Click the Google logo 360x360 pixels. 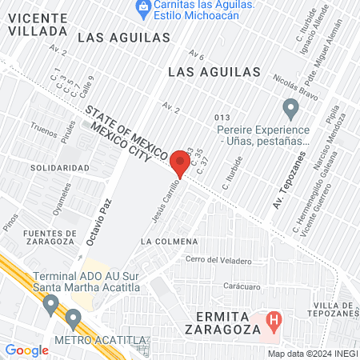tap(27, 350)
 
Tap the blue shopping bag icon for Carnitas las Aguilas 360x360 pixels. tap(143, 8)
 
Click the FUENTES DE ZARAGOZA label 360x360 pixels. tap(38, 238)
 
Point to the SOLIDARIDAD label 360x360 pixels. tap(60, 168)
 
